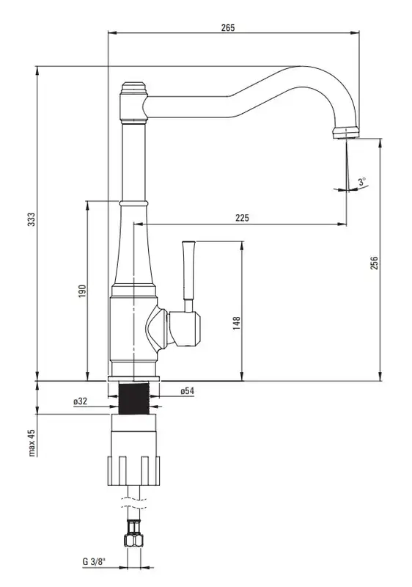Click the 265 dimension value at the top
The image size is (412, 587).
(228, 28)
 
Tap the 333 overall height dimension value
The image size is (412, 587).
(32, 219)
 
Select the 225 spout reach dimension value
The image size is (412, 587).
(242, 218)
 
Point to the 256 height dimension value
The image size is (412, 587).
(374, 263)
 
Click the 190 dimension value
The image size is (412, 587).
(82, 291)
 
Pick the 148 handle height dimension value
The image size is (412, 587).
(237, 324)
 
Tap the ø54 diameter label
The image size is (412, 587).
(188, 391)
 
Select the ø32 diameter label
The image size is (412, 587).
(81, 401)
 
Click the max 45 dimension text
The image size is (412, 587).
(32, 442)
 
